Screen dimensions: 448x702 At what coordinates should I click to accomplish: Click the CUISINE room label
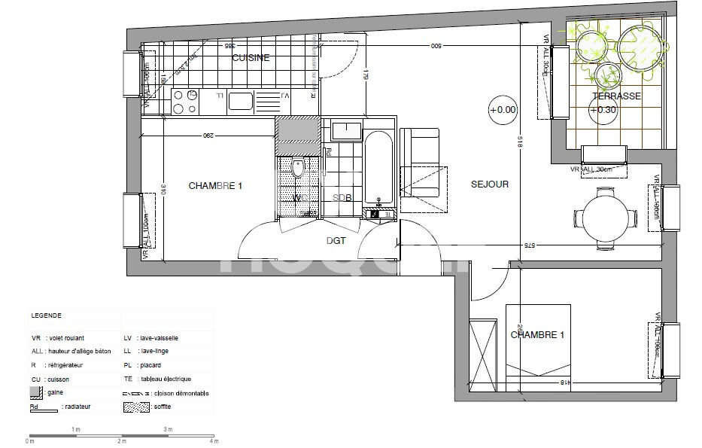pyautogui.click(x=251, y=58)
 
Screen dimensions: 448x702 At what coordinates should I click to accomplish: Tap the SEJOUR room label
pyautogui.click(x=490, y=184)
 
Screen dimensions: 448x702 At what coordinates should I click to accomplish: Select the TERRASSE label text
pyautogui.click(x=615, y=96)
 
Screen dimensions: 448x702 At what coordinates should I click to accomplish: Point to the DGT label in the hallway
pyautogui.click(x=336, y=240)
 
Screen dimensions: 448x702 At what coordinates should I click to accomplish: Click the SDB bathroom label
pyautogui.click(x=342, y=197)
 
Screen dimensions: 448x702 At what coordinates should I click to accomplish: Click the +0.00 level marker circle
pyautogui.click(x=503, y=109)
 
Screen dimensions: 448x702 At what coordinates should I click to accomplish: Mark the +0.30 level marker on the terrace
pyautogui.click(x=603, y=110)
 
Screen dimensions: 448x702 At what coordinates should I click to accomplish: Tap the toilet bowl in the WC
pyautogui.click(x=297, y=168)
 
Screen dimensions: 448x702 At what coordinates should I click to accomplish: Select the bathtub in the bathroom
pyautogui.click(x=378, y=169)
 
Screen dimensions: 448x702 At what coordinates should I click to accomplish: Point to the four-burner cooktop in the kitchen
pyautogui.click(x=184, y=102)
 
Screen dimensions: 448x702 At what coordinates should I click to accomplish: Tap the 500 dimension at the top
pyautogui.click(x=435, y=47)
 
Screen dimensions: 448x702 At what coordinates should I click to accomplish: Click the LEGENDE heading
pyautogui.click(x=46, y=316)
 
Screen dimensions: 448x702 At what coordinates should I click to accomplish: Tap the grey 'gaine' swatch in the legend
pyautogui.click(x=35, y=393)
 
